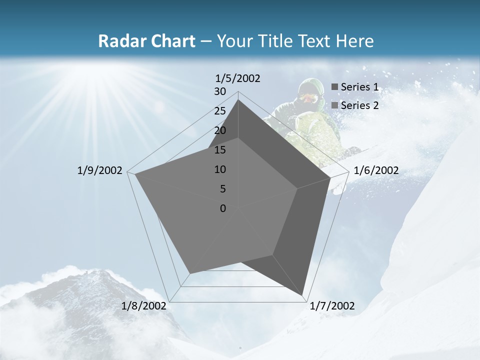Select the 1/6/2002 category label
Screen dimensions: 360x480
(x=376, y=170)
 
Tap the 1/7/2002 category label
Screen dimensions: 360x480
(x=332, y=306)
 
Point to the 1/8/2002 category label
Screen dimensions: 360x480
(x=144, y=306)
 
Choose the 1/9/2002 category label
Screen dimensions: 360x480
(x=99, y=170)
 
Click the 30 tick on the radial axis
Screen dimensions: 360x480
(x=220, y=91)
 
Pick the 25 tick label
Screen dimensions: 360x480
(x=220, y=111)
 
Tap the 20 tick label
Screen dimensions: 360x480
(x=220, y=130)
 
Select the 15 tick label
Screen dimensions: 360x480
(x=220, y=150)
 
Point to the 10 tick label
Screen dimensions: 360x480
(x=220, y=169)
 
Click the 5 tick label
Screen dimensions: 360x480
(x=223, y=189)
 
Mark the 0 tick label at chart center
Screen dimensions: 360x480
(x=223, y=208)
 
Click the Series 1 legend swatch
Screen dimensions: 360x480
(x=334, y=87)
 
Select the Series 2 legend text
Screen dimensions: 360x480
(x=359, y=105)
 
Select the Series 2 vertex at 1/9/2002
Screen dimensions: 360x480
(x=135, y=174)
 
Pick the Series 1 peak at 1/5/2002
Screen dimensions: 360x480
(x=238, y=100)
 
